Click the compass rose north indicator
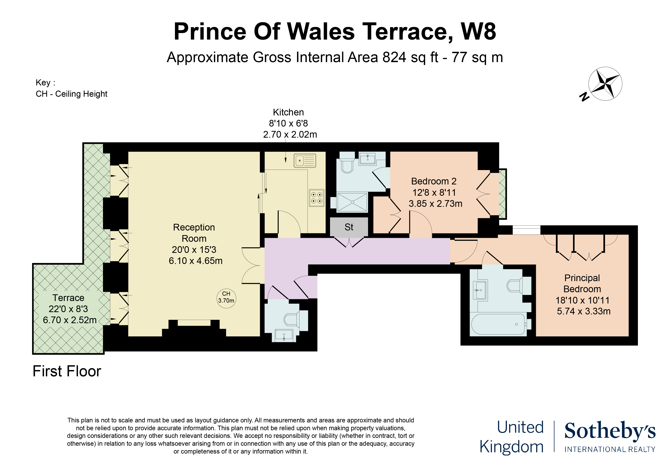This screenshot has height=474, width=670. click(x=584, y=96)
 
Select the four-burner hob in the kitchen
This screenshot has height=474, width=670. click(x=317, y=198)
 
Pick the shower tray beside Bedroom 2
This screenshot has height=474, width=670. click(x=352, y=202)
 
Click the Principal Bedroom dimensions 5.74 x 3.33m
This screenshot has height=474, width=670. click(x=584, y=311)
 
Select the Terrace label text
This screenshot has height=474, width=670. click(x=68, y=298)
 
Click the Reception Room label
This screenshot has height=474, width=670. click(x=194, y=233)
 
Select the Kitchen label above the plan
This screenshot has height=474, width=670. click(x=288, y=112)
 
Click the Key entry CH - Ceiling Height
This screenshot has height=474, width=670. click(x=71, y=94)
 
